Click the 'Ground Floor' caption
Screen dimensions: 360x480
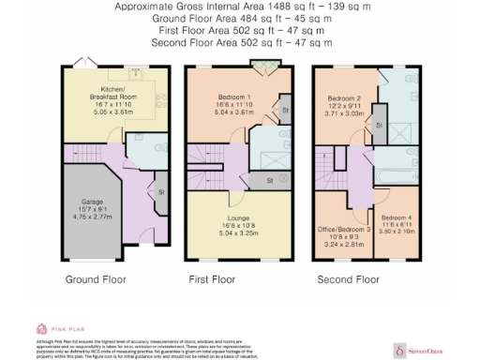click(95, 279)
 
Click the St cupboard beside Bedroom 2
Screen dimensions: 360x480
click(378, 125)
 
